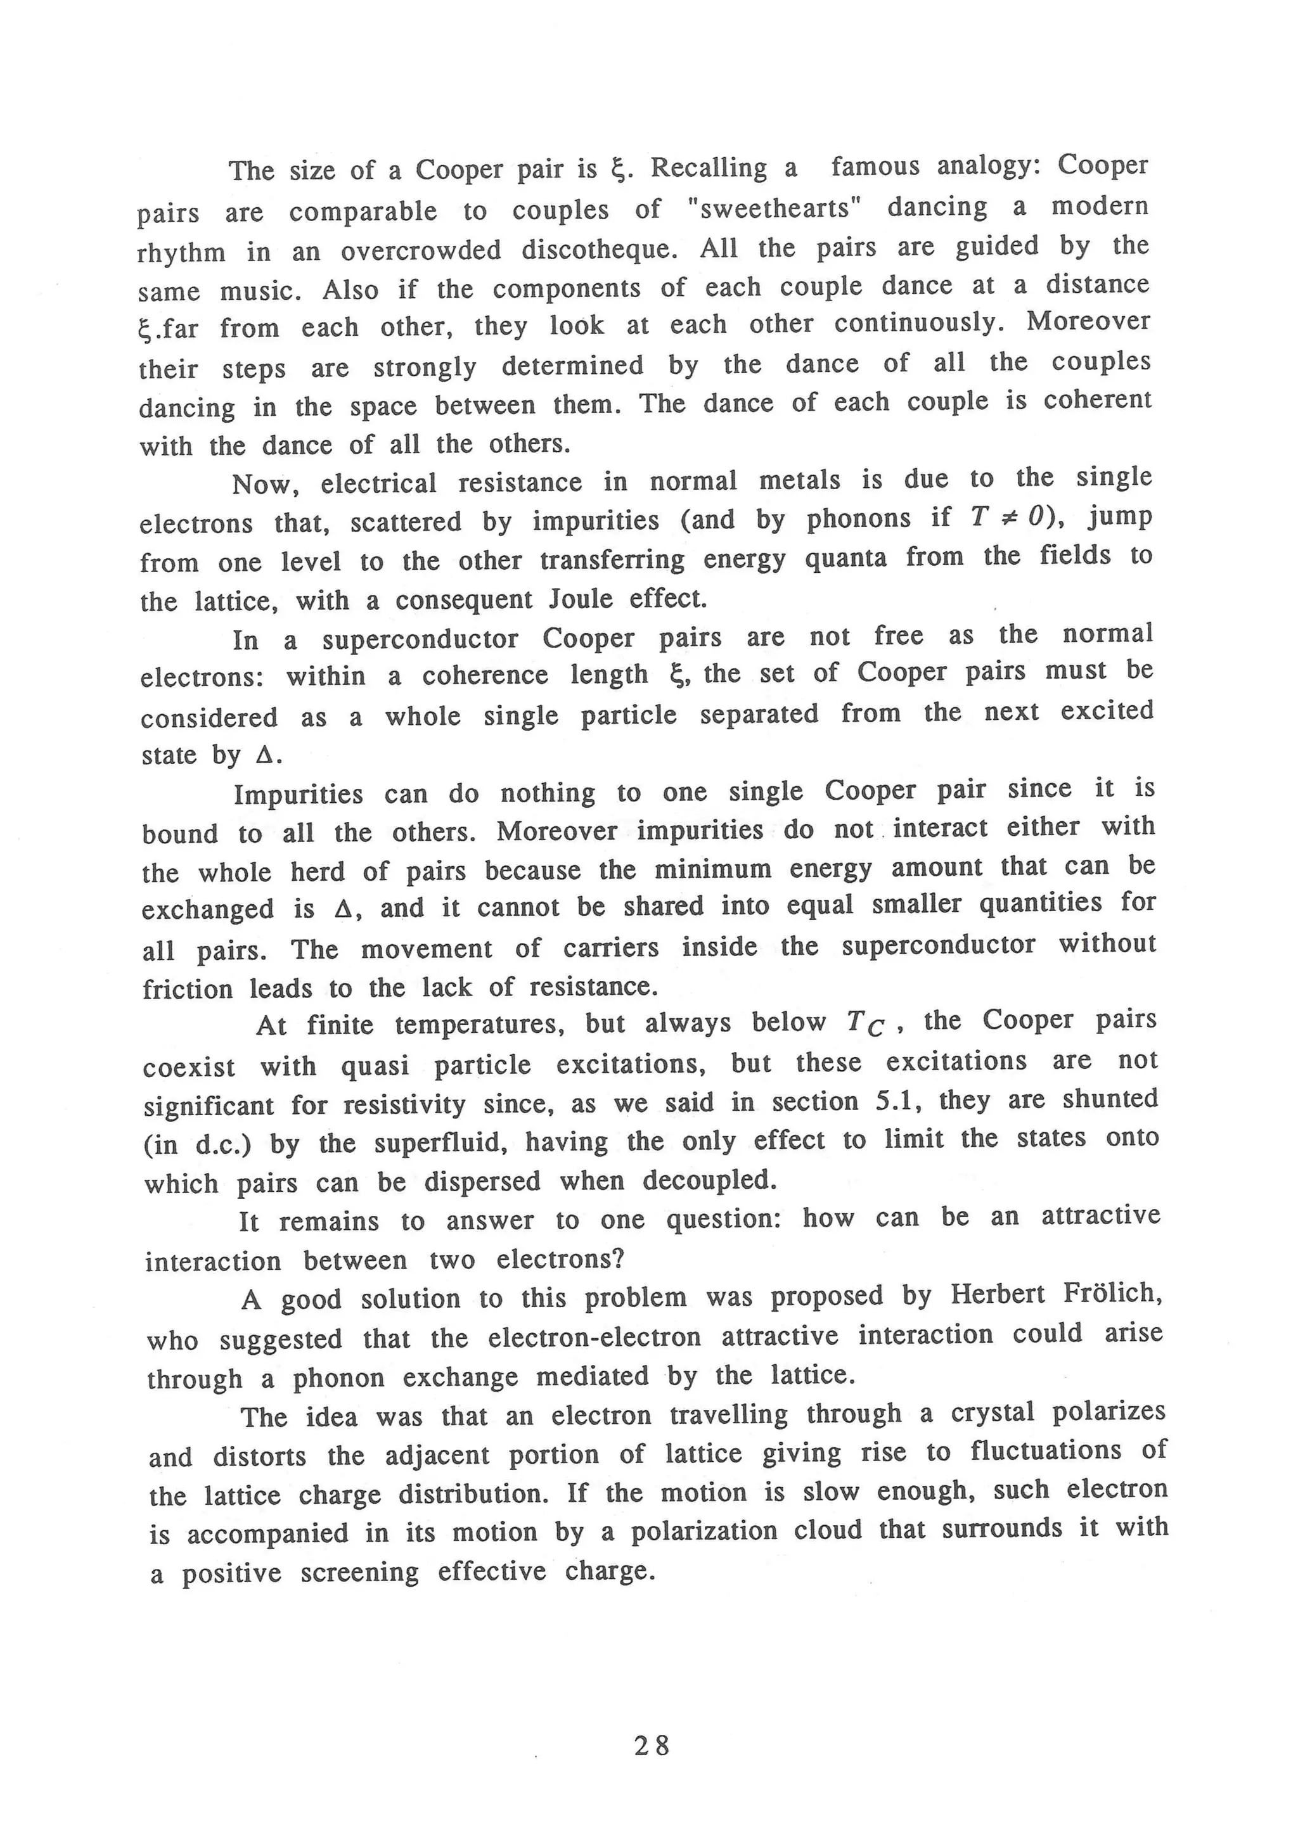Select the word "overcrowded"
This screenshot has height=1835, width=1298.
(x=420, y=251)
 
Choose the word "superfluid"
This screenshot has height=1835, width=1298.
(x=440, y=1143)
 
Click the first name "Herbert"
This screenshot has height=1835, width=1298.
(x=997, y=1294)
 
